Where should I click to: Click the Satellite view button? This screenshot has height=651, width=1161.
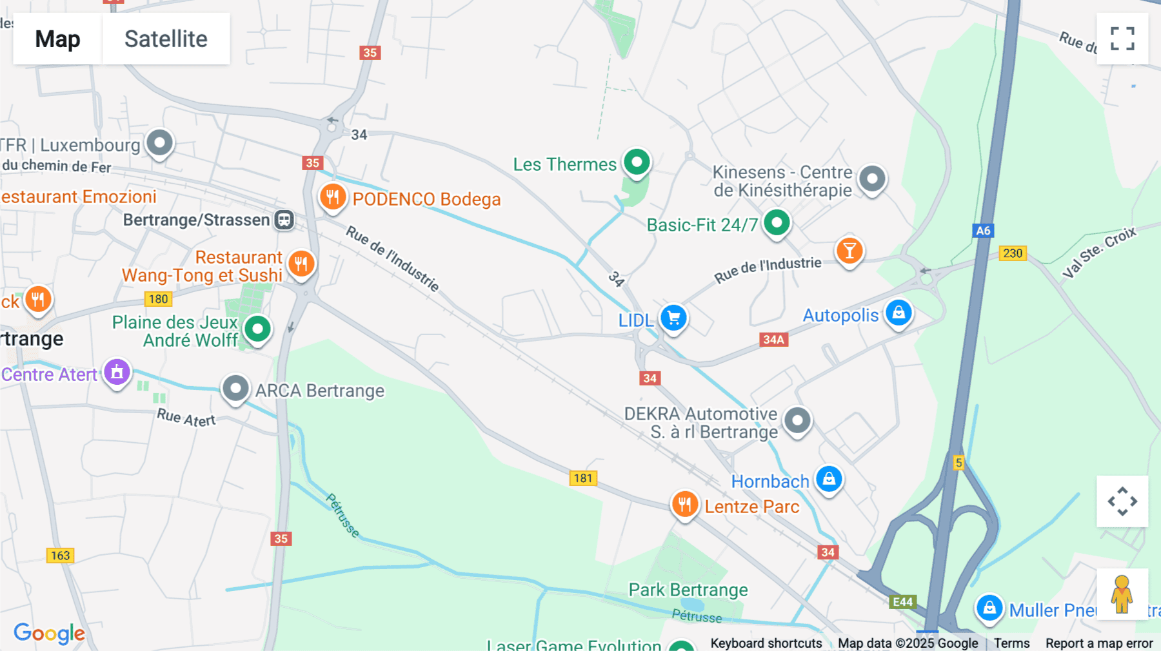point(166,39)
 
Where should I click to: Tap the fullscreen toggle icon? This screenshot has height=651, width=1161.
point(1122,39)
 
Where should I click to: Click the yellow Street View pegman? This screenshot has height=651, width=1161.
point(1122,594)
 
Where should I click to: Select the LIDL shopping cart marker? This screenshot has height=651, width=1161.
point(673,318)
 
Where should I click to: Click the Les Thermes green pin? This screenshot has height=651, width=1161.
point(637,162)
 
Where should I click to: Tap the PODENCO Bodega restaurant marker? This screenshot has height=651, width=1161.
point(333,197)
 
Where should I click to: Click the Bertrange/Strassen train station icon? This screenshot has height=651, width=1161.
point(284,220)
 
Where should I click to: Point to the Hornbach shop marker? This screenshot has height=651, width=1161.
point(829,479)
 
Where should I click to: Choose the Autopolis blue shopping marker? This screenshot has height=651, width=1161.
point(898,313)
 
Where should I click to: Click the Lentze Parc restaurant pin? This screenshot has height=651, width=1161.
point(684,505)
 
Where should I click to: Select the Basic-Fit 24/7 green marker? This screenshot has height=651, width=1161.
point(777,223)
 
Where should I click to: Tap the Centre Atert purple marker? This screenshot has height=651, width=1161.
point(117,372)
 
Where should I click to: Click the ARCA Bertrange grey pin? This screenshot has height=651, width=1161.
point(235,389)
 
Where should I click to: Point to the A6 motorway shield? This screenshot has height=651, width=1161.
point(983,231)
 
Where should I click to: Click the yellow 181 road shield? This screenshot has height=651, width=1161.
point(583,478)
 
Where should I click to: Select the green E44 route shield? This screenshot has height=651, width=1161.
point(902,602)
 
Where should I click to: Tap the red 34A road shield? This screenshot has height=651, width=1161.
point(773,340)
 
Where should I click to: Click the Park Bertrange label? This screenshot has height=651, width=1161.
point(688,590)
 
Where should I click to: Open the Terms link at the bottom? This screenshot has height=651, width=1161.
point(1011,643)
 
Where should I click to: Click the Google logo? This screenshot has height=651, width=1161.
point(49,633)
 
